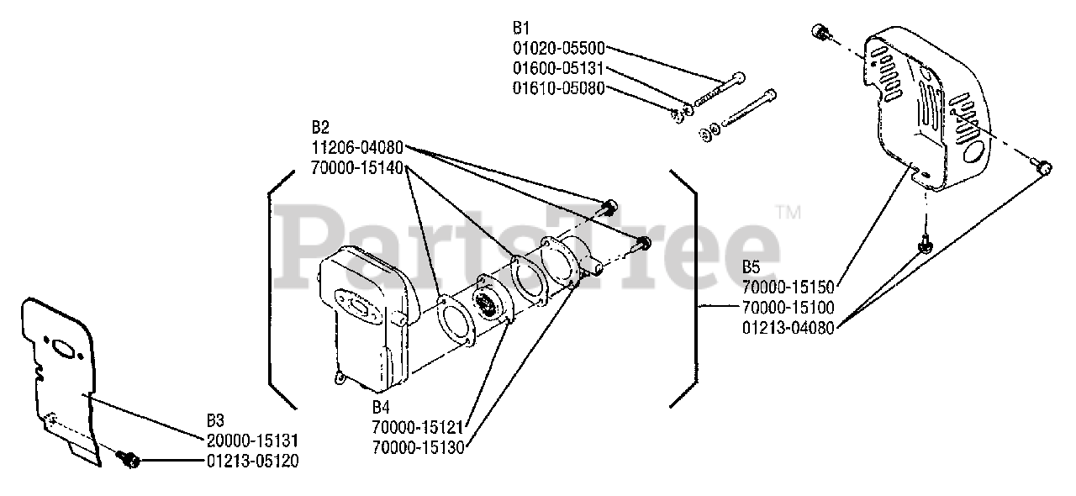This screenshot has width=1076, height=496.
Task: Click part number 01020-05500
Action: [558, 49]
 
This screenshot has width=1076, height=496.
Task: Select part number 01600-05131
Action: [558, 68]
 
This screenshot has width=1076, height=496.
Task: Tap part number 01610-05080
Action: [558, 87]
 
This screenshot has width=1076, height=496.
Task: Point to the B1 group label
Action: [521, 29]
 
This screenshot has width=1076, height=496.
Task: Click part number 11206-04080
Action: [356, 148]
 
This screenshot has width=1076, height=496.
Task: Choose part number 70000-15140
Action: [356, 167]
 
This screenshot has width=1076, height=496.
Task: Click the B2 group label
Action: [320, 128]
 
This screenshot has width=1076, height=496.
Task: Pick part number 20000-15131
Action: [252, 441]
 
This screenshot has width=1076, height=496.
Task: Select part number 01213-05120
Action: [252, 461]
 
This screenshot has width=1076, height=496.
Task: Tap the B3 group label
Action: [216, 419]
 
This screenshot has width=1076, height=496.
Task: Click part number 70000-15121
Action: [418, 426]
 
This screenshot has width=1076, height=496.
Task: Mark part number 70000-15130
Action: [418, 446]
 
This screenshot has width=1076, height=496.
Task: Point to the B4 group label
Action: [381, 406]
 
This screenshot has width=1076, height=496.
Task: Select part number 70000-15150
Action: [788, 288]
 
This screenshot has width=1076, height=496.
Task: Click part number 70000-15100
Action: [788, 308]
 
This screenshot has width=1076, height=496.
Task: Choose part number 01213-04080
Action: [788, 328]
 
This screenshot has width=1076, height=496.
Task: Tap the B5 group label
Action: [751, 267]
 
